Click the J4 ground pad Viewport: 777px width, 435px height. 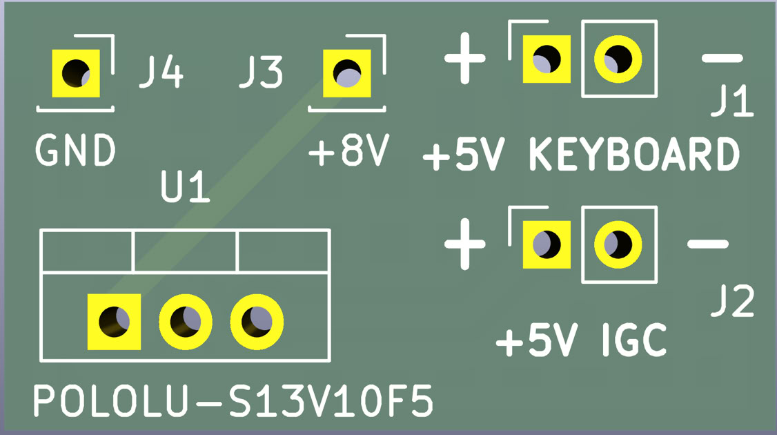(x=75, y=72)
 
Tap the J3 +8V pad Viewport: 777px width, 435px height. (x=347, y=72)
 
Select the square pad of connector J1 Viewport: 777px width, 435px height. (x=547, y=59)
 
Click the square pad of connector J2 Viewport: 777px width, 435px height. (x=547, y=244)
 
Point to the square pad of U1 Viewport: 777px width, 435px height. (x=114, y=321)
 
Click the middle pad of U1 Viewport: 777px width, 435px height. (x=185, y=321)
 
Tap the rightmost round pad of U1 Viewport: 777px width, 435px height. (x=257, y=321)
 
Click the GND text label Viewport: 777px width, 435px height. (x=75, y=151)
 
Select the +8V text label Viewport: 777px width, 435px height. (x=350, y=151)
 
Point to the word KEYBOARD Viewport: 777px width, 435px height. (x=634, y=155)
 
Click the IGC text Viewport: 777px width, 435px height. (x=634, y=340)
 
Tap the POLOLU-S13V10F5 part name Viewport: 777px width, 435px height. (x=233, y=402)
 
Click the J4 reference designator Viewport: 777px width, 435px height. (x=161, y=72)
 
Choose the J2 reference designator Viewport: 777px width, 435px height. (x=734, y=302)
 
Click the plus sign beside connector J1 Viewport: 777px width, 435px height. (x=464, y=58)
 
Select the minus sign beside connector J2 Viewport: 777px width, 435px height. (x=708, y=244)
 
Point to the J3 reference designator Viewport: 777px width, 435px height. (x=261, y=72)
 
